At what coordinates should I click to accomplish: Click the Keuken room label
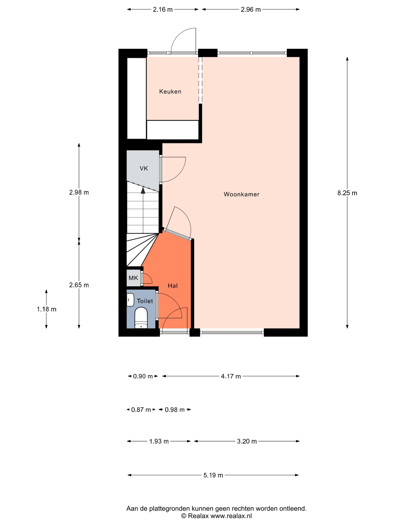click(x=170, y=92)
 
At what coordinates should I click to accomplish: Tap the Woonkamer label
click(x=241, y=194)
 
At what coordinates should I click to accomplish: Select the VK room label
click(x=144, y=168)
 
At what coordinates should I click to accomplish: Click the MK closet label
click(x=133, y=278)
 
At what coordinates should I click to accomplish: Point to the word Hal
click(x=173, y=286)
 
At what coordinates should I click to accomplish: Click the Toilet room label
click(x=145, y=301)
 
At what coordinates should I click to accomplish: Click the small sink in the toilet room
click(x=130, y=300)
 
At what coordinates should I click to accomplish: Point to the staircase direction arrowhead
click(x=143, y=190)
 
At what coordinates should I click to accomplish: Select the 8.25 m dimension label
click(x=347, y=193)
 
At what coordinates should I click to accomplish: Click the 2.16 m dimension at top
click(x=163, y=10)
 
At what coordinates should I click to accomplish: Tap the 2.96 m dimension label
click(x=251, y=10)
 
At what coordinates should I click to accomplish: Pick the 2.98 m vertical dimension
click(x=79, y=192)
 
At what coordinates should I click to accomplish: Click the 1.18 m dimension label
click(x=46, y=309)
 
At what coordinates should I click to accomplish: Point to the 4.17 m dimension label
click(x=231, y=376)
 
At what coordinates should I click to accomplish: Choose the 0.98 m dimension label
click(x=175, y=410)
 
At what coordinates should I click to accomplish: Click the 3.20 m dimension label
click(x=247, y=441)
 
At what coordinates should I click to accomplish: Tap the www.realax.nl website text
click(x=231, y=516)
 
